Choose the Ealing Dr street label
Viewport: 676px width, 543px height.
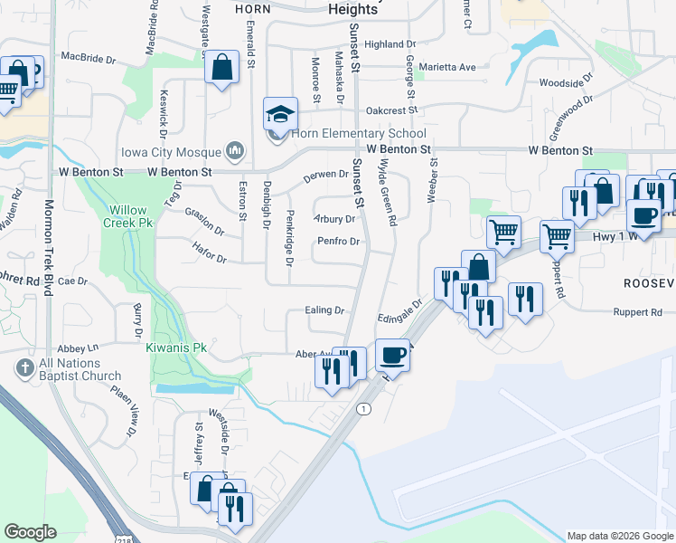point(325,310)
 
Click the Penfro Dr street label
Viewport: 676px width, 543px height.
point(338,242)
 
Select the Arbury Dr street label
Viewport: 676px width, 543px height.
point(333,218)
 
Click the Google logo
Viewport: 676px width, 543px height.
point(30,532)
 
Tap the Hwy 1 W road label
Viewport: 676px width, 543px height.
point(622,235)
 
